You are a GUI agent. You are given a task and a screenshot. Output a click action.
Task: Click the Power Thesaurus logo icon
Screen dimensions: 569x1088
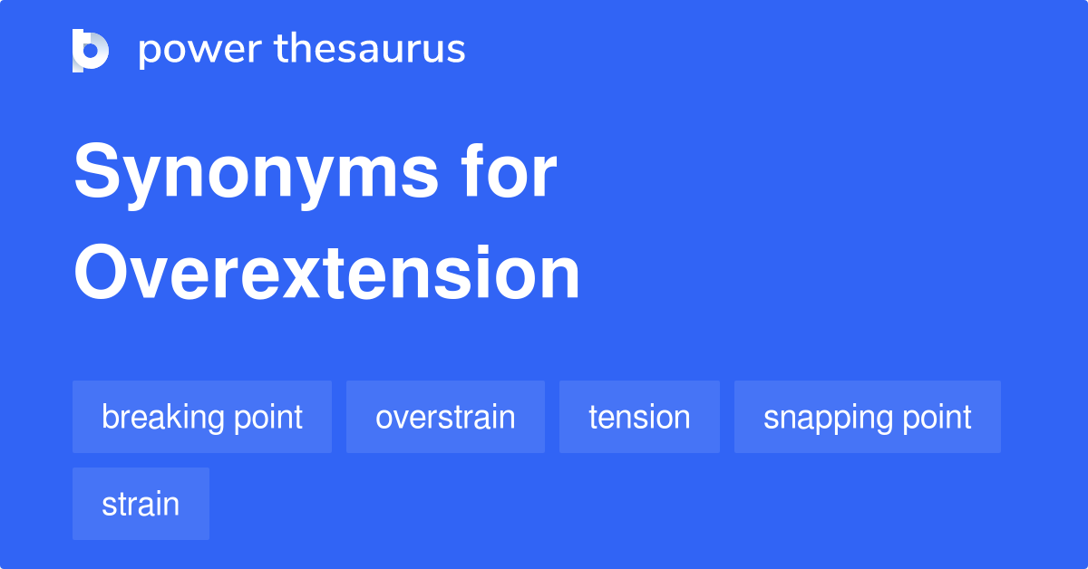point(90,50)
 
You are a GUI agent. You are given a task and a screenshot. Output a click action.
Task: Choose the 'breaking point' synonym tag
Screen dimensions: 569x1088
point(202,417)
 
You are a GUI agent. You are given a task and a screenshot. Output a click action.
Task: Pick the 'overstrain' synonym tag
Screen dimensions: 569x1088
point(445,417)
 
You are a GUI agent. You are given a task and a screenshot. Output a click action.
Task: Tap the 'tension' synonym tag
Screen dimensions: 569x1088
point(639,417)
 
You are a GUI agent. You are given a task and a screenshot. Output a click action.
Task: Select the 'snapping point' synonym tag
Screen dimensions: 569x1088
point(868,417)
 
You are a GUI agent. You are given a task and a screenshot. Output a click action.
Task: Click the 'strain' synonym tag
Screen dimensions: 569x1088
point(141,504)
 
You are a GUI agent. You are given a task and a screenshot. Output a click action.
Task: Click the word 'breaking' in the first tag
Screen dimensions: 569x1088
point(162,417)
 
